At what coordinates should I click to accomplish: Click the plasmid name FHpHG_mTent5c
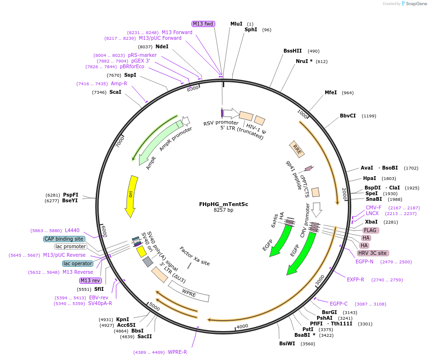(223, 204)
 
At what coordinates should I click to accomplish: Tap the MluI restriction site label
(236, 24)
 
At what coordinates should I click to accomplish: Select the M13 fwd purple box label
(203, 24)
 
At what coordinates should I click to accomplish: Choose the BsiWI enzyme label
(287, 343)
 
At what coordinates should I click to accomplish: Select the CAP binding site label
(64, 239)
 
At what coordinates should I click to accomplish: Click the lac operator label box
(78, 263)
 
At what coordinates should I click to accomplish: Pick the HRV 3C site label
(373, 253)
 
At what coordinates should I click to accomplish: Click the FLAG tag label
(370, 230)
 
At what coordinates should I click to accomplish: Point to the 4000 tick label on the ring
(242, 326)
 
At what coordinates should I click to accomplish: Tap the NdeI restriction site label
(162, 46)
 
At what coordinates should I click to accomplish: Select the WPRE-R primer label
(177, 352)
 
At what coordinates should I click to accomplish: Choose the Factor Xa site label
(194, 256)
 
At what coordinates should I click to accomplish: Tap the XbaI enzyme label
(371, 222)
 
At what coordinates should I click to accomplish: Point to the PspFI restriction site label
(71, 195)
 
